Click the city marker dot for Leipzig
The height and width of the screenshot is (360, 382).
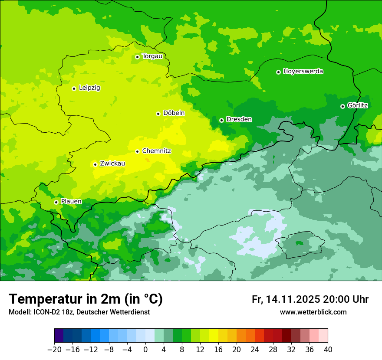click(x=74, y=88)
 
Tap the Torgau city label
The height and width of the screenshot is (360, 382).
click(x=152, y=56)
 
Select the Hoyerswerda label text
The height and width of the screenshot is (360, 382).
click(x=303, y=72)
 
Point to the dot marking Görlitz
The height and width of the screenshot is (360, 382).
click(x=342, y=106)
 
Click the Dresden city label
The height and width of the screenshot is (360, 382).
click(x=239, y=119)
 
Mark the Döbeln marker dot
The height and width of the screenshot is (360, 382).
click(x=158, y=114)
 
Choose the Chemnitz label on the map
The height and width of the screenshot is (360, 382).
click(x=156, y=151)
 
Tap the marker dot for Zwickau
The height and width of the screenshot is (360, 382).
click(x=95, y=164)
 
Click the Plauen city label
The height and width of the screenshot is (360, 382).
click(x=71, y=202)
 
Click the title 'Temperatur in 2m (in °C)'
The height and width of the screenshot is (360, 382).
click(x=86, y=299)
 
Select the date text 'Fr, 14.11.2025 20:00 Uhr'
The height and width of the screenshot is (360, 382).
click(x=310, y=299)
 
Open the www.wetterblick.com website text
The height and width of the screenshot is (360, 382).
click(x=313, y=312)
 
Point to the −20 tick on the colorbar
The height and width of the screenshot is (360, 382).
click(x=54, y=349)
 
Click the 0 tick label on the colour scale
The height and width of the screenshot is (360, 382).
click(x=145, y=349)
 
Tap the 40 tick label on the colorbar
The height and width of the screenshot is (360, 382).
click(x=328, y=349)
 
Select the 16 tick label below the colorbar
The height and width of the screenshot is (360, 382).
click(x=218, y=349)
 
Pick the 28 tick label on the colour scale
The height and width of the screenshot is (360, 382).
click(x=273, y=349)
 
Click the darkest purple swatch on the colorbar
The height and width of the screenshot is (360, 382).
click(x=59, y=336)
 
